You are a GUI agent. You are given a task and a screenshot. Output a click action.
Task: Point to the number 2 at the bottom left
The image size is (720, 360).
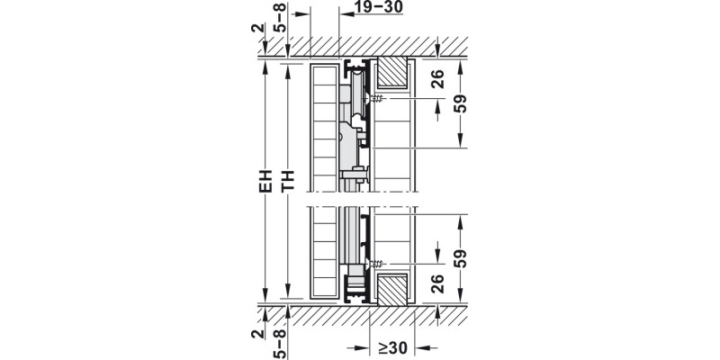click(259, 335)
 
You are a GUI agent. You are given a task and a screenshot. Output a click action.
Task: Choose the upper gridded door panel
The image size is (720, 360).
click(321, 126)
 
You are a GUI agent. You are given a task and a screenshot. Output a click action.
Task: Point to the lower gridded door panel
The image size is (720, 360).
click(321, 252)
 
